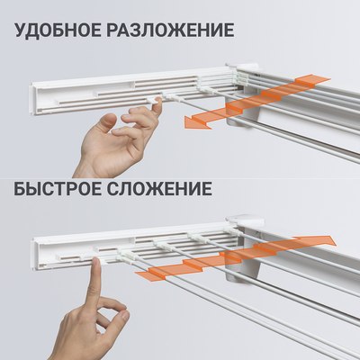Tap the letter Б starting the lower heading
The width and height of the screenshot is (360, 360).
[20, 192]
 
